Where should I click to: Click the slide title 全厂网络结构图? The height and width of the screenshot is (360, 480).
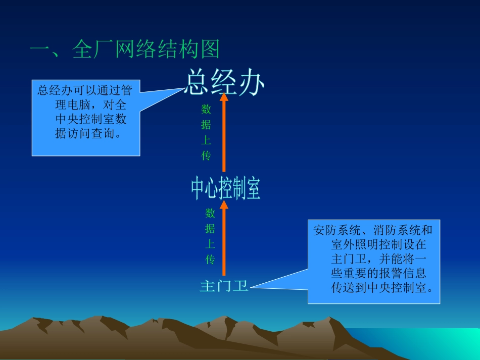(125, 50)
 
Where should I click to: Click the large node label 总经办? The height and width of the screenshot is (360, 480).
(224, 82)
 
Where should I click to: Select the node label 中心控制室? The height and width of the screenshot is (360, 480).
(225, 188)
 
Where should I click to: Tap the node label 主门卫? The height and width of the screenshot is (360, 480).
(224, 286)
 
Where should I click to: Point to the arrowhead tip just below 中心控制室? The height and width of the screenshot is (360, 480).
(224, 201)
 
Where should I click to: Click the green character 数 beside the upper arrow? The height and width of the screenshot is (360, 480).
(206, 110)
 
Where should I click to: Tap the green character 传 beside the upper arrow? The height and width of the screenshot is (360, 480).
(206, 156)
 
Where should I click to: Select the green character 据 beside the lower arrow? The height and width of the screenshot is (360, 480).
(210, 229)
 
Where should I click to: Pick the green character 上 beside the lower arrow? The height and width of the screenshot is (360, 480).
(210, 244)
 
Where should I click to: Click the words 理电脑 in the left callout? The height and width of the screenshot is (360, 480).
(71, 105)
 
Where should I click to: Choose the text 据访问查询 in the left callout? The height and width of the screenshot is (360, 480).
(88, 134)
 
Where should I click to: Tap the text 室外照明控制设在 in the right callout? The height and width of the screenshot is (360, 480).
(378, 245)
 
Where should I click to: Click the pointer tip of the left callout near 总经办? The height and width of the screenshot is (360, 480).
(184, 89)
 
